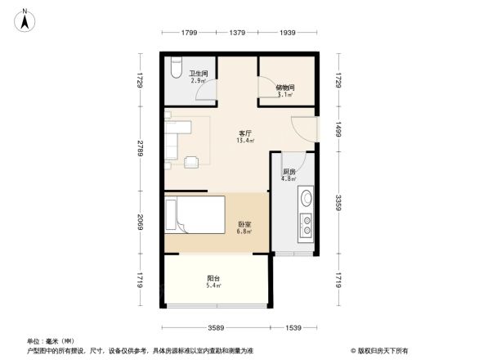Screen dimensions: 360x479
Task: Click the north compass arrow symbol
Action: pos(26,19)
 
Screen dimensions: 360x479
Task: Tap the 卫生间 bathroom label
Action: pos(199,74)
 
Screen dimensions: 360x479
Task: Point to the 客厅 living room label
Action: pos(245,133)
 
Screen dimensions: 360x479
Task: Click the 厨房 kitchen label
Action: pos(289,172)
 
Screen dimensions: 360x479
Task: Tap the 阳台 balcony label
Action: pos(213,278)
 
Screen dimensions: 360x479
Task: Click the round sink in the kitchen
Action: pos(305,198)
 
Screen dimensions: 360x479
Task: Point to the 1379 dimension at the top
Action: pos(238,33)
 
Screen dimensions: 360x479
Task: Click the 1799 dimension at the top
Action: pos(190,33)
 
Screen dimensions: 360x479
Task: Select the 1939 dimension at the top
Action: pos(287,33)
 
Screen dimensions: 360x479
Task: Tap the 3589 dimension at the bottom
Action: pos(216,327)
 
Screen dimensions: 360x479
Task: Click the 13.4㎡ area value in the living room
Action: pos(245,141)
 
